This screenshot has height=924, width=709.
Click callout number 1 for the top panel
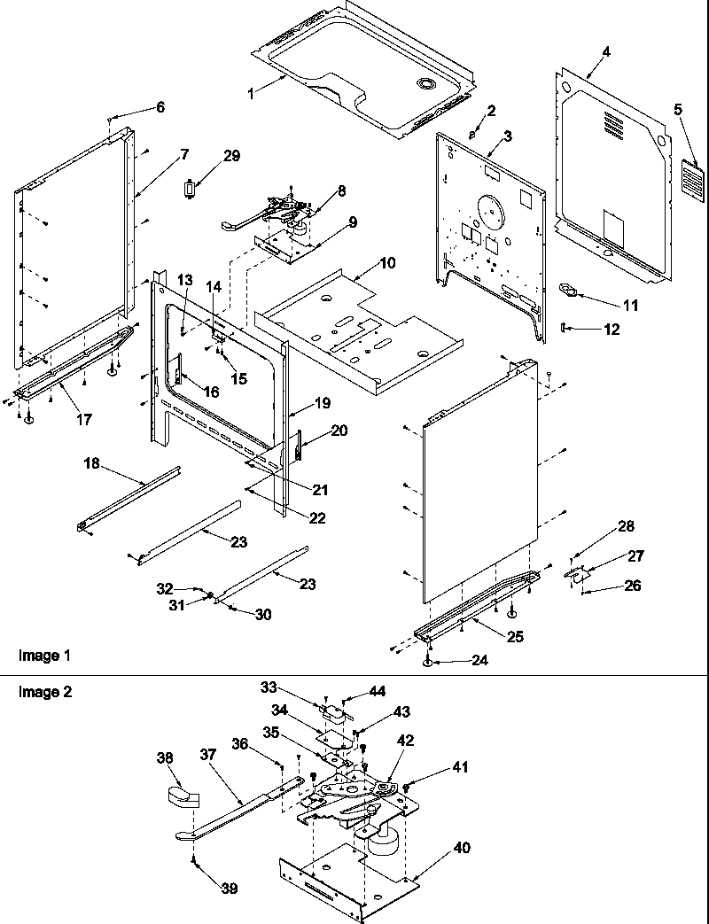click(x=251, y=93)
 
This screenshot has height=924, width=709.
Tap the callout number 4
click(x=606, y=51)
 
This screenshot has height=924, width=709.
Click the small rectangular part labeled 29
click(x=188, y=189)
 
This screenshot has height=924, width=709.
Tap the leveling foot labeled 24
click(x=428, y=660)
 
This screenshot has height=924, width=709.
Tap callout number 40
click(x=461, y=847)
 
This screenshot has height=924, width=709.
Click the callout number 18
click(x=92, y=463)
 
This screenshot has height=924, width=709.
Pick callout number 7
click(x=183, y=154)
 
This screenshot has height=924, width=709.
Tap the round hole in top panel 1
click(x=427, y=84)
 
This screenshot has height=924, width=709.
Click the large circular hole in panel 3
click(x=488, y=209)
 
